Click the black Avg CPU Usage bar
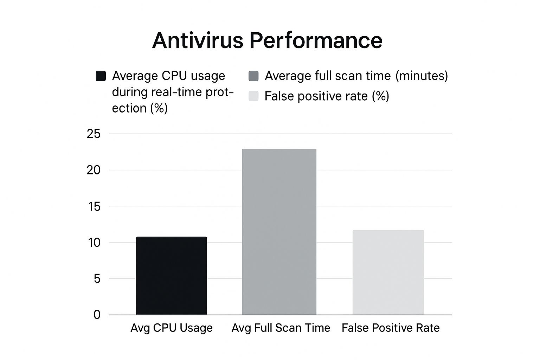pos(171,276)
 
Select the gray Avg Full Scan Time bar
pos(279,232)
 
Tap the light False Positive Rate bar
pos(388,272)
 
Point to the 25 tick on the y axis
pos(94,134)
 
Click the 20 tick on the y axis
pos(94,170)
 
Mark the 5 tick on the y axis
pos(97,279)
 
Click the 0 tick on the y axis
pos(97,315)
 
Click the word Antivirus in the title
pos(198,40)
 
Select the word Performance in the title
pos(316,40)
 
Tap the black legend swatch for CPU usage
pos(101,76)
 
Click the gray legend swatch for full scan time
pos(253,76)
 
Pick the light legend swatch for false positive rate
pos(253,96)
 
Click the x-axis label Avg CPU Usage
pos(172,328)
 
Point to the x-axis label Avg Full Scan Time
pos(281,328)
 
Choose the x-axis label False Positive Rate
pos(391,328)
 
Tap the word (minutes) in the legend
pos(421,76)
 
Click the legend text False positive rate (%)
pos(327,96)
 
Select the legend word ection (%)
pos(140,108)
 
